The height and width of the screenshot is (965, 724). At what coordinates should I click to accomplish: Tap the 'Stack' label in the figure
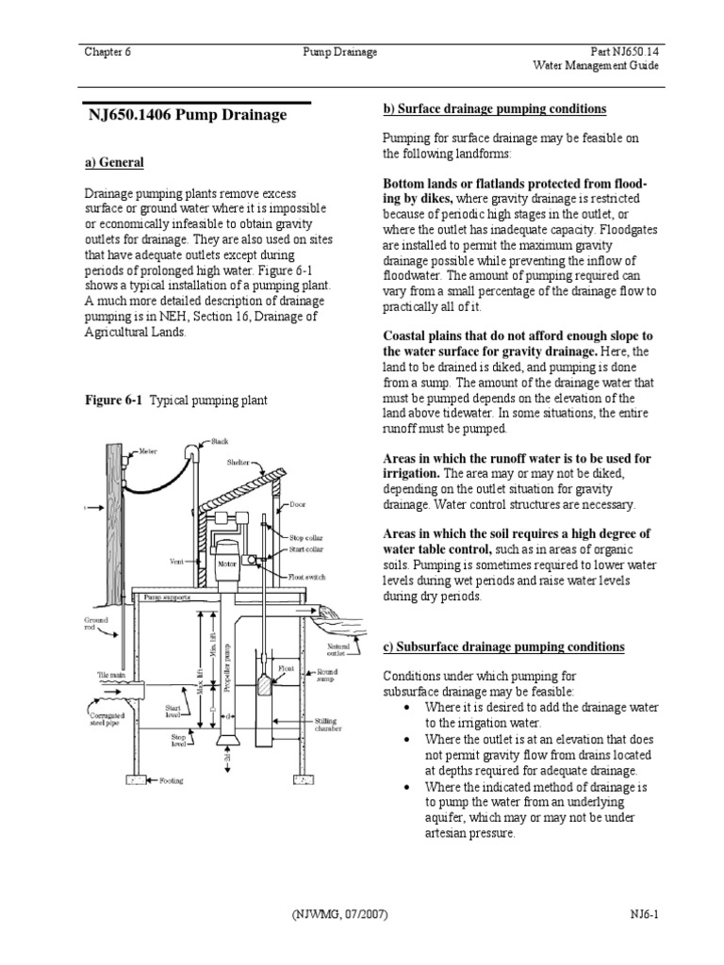(220, 441)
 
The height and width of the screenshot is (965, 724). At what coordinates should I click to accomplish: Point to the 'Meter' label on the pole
(148, 451)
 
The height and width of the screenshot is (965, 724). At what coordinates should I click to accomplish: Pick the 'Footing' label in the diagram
(171, 781)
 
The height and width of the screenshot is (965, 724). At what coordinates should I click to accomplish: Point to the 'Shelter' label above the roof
(238, 463)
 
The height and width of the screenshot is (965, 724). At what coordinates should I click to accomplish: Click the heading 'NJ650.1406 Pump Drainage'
(187, 115)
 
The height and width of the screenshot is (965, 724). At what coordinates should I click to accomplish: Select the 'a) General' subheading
(114, 163)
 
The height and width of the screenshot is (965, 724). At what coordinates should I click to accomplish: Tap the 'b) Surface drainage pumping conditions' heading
(494, 109)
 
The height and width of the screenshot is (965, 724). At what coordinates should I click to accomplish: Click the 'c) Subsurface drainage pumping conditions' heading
(502, 647)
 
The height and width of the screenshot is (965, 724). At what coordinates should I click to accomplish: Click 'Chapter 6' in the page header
(107, 52)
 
